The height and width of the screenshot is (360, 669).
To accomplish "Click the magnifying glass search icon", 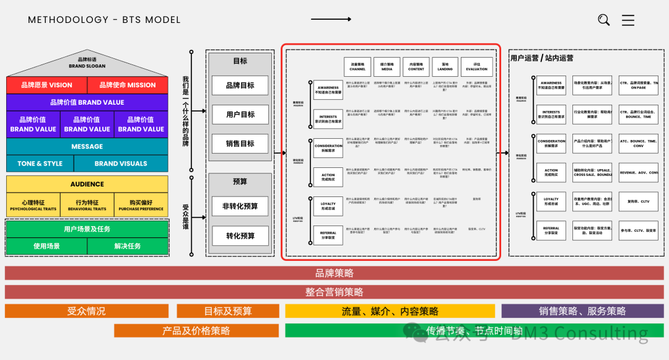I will click(603, 20).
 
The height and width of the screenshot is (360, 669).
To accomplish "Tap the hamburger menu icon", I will click(628, 20).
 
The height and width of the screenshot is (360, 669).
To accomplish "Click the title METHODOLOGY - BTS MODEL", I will click(104, 20).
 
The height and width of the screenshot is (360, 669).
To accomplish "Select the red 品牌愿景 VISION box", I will click(46, 85).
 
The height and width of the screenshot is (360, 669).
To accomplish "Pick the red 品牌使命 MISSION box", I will click(128, 85).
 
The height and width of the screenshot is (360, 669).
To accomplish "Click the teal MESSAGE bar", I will click(87, 147).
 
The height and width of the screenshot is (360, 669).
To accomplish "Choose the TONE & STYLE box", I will click(40, 164).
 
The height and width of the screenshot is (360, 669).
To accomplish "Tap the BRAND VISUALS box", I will click(121, 164).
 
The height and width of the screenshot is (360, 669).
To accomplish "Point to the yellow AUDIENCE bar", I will click(87, 184).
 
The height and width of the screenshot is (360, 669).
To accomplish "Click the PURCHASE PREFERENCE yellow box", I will click(141, 205).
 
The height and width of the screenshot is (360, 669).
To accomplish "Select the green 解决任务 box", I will click(127, 246).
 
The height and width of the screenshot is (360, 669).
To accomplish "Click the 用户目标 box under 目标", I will click(240, 115).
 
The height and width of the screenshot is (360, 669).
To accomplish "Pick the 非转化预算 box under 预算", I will click(240, 206).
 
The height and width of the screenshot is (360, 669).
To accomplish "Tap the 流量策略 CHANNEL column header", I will click(357, 66).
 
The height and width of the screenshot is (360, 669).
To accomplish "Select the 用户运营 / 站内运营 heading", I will click(541, 58).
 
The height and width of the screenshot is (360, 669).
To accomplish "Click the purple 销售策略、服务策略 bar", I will click(582, 311).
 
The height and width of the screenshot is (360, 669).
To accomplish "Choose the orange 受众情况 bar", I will click(86, 311).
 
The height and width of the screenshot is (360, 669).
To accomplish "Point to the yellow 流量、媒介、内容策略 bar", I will click(390, 311).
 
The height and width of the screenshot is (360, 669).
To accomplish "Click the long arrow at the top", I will click(331, 19).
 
